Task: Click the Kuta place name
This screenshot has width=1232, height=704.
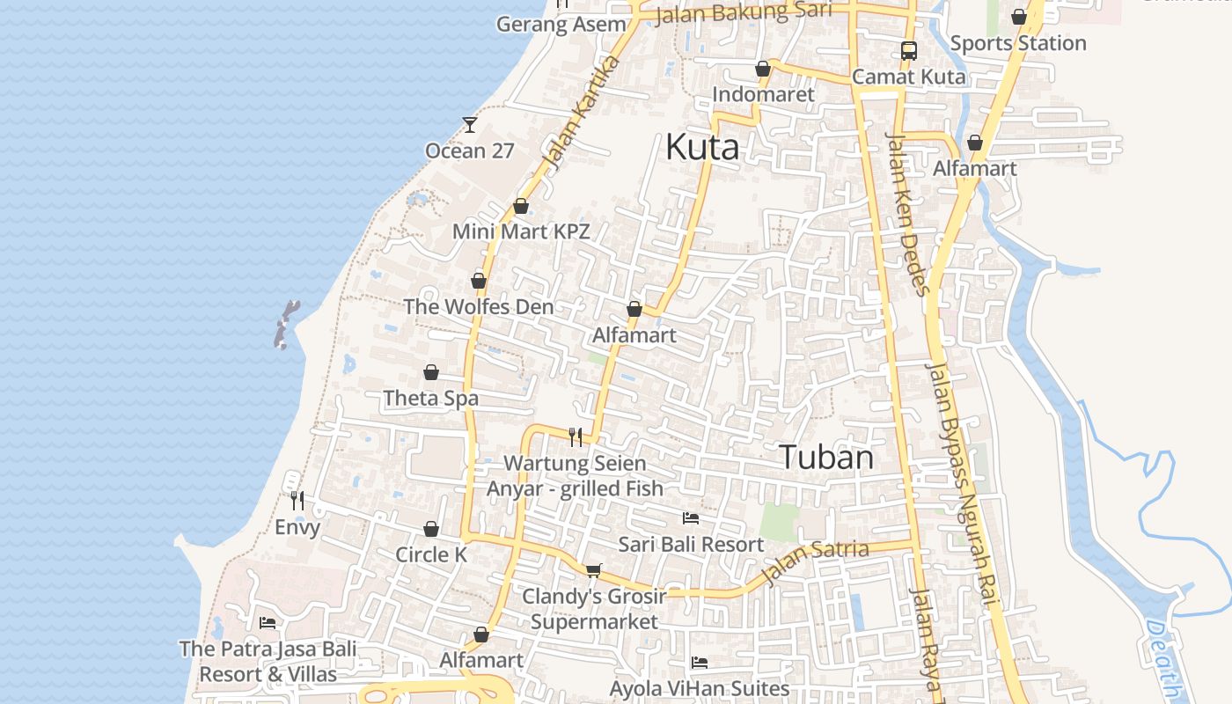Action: (x=701, y=147)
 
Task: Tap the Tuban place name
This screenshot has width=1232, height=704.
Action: (x=826, y=458)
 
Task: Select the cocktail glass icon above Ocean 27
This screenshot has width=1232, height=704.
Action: (x=470, y=125)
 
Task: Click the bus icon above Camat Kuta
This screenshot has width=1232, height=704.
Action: (x=908, y=51)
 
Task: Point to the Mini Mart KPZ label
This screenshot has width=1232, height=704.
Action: (x=521, y=231)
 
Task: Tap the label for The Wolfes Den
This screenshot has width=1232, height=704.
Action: (x=479, y=306)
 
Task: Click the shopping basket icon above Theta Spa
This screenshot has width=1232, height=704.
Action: (x=431, y=372)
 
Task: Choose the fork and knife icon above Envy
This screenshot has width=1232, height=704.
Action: (x=297, y=501)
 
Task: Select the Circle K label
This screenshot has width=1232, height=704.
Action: (x=431, y=554)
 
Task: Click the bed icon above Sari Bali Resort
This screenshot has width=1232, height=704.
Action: (x=691, y=517)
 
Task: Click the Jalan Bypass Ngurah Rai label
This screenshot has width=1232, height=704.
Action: (x=963, y=484)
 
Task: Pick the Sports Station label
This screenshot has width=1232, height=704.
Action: (x=1018, y=43)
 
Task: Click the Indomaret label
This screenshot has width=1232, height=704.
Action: (x=763, y=94)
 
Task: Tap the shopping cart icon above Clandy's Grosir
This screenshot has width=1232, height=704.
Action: (x=593, y=570)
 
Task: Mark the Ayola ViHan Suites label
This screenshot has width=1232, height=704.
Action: (x=700, y=687)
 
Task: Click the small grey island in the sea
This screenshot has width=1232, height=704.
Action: (x=286, y=325)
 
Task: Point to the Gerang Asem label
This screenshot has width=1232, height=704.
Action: (x=561, y=24)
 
